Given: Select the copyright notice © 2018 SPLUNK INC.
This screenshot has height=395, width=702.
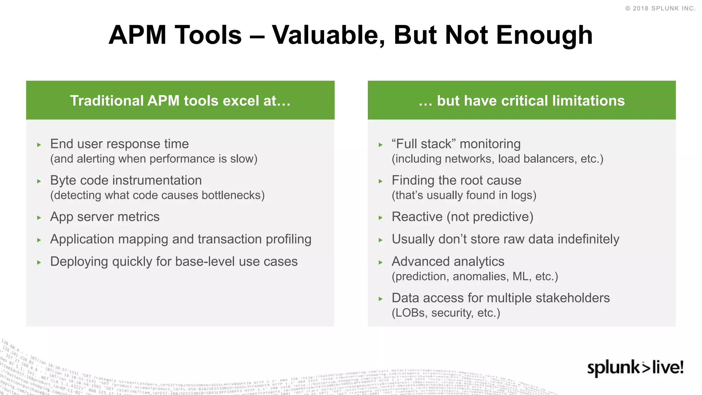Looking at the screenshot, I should [660, 8].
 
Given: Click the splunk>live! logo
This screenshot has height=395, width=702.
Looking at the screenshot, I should [635, 368].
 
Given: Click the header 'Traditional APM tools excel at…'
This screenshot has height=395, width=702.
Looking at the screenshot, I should [180, 101].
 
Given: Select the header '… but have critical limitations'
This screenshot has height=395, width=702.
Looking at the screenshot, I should [522, 101].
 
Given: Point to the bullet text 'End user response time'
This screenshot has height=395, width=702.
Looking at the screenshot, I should [119, 144].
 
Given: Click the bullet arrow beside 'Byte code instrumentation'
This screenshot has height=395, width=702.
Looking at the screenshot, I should [39, 181].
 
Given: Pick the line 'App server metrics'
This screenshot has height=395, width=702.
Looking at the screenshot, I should [105, 217].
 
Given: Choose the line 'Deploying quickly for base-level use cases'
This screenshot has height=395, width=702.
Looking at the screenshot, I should [174, 262].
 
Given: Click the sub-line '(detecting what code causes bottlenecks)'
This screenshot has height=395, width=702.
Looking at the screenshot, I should [157, 195].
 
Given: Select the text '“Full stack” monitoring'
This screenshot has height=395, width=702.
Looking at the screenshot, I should [456, 144].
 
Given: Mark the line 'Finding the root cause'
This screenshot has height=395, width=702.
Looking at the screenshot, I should [456, 180].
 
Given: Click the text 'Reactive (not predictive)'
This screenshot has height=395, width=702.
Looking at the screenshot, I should [462, 217].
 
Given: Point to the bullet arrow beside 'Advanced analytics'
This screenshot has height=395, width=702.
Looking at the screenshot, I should [380, 263].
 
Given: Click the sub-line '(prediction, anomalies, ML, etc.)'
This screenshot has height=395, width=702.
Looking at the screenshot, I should [475, 276].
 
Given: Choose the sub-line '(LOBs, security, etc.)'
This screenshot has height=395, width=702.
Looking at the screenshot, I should [446, 313].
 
